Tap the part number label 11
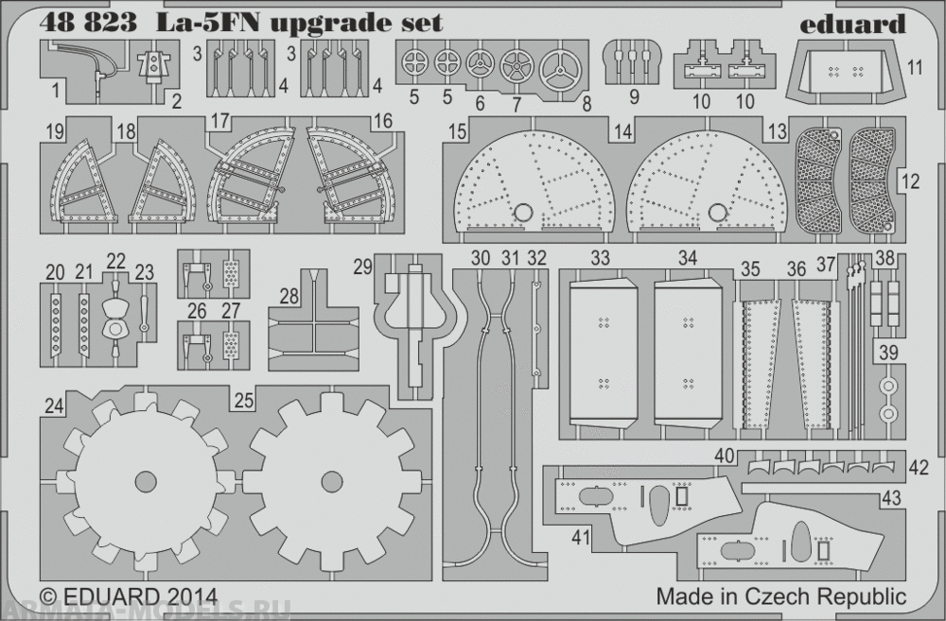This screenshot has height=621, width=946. (x=914, y=66)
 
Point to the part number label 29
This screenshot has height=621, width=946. (x=363, y=268)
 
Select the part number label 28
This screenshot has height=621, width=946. (x=289, y=297)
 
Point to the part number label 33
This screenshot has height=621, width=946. (x=600, y=257)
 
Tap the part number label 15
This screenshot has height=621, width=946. (x=457, y=133)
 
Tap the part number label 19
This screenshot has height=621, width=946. (x=53, y=133)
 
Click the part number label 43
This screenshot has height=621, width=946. (x=891, y=493)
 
